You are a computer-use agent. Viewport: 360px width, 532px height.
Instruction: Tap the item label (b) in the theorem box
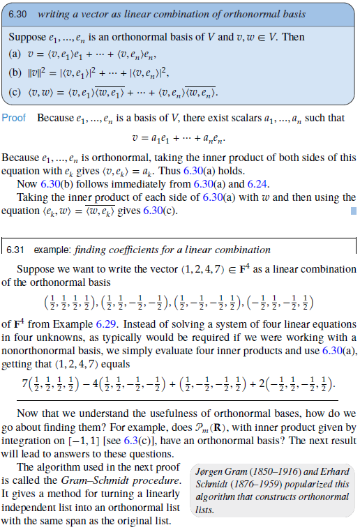pyautogui.click(x=14, y=73)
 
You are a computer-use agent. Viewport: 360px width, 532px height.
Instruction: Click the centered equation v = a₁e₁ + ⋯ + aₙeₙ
pyautogui.click(x=181, y=139)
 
